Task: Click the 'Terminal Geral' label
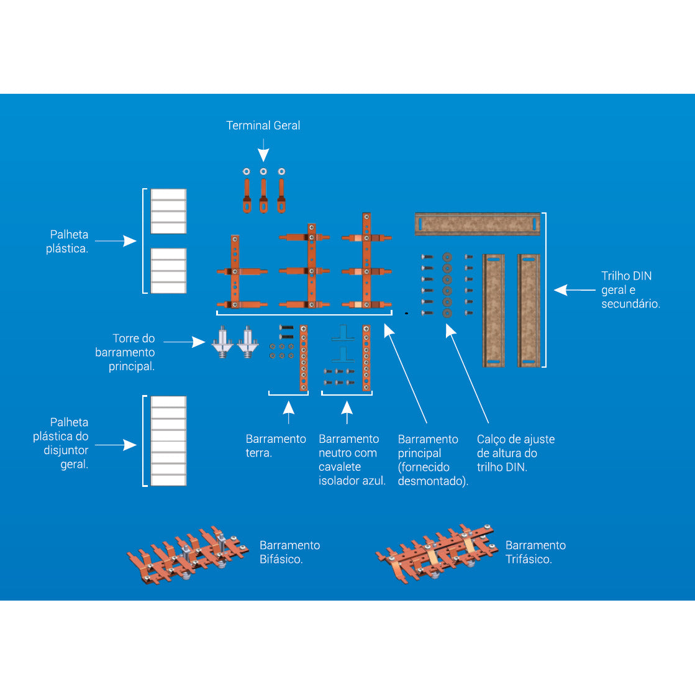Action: (x=263, y=125)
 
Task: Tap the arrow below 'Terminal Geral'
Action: (x=263, y=151)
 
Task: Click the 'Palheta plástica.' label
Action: (x=68, y=242)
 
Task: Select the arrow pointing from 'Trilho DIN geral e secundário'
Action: (x=574, y=290)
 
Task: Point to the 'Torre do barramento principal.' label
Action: (x=125, y=352)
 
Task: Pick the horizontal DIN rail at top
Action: (x=477, y=224)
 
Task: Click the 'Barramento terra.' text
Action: (x=275, y=446)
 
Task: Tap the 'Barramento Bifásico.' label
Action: (x=289, y=552)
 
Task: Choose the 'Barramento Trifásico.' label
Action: (x=535, y=552)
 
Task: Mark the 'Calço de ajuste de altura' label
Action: (x=515, y=453)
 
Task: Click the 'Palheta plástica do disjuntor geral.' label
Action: (x=61, y=443)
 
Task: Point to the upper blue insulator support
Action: (x=342, y=334)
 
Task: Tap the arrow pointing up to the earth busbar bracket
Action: (x=288, y=412)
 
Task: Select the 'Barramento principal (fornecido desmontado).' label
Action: (x=432, y=460)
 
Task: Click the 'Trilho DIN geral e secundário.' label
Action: (x=630, y=290)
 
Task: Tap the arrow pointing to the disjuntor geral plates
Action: (x=116, y=445)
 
